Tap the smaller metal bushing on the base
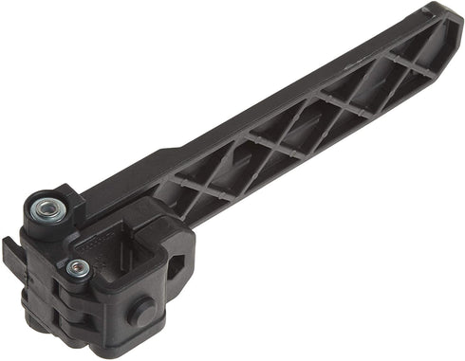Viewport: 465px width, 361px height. point(78,269)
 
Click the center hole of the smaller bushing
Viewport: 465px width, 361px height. point(78,269)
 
